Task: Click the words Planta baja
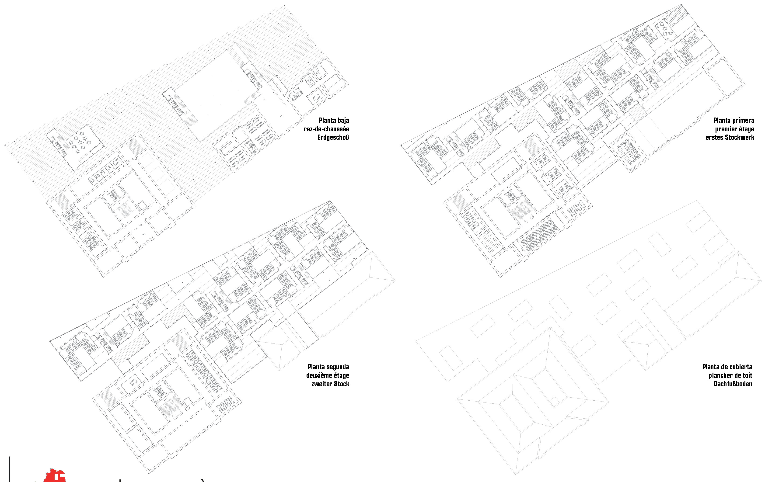pos(334,120)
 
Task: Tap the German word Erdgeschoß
pos(333,137)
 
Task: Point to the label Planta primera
pos(734,120)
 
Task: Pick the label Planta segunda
pos(328,367)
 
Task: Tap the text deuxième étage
pos(328,375)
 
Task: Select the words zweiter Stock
pos(330,384)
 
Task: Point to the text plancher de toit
pos(730,375)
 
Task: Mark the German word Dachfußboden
pos(733,384)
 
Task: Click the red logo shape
pos(55,476)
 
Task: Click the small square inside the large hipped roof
pos(554,401)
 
